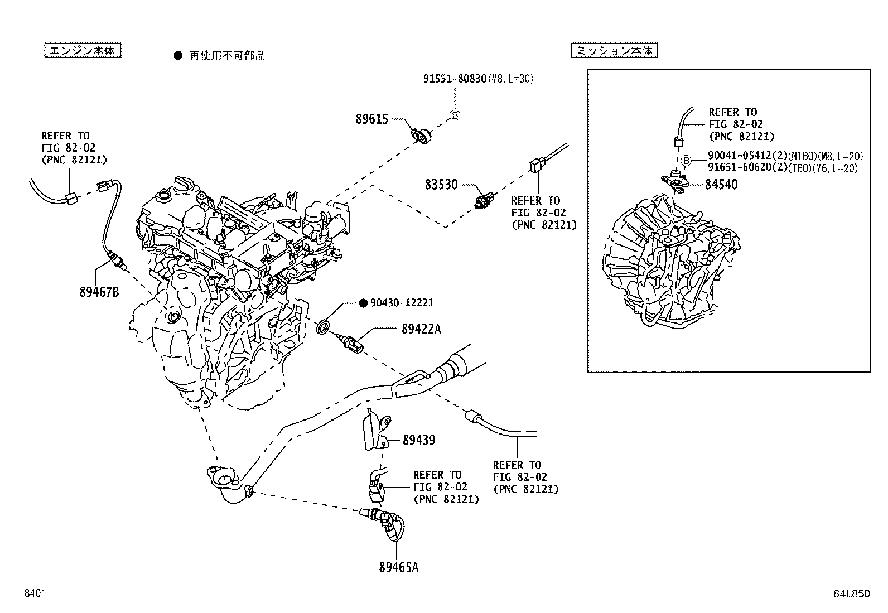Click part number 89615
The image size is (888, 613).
(x=371, y=119)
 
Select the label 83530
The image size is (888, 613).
(x=441, y=185)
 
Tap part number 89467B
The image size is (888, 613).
(x=99, y=292)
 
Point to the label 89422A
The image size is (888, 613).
(x=421, y=329)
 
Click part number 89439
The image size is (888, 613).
(x=418, y=440)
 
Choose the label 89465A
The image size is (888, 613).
(x=398, y=568)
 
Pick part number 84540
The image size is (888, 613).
(x=721, y=184)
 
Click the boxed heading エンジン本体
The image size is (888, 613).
(x=82, y=51)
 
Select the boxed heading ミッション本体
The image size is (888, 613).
(x=614, y=51)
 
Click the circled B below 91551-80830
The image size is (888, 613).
(x=455, y=116)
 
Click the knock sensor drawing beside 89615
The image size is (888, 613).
(x=422, y=134)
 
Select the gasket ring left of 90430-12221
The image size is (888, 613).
(x=323, y=327)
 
